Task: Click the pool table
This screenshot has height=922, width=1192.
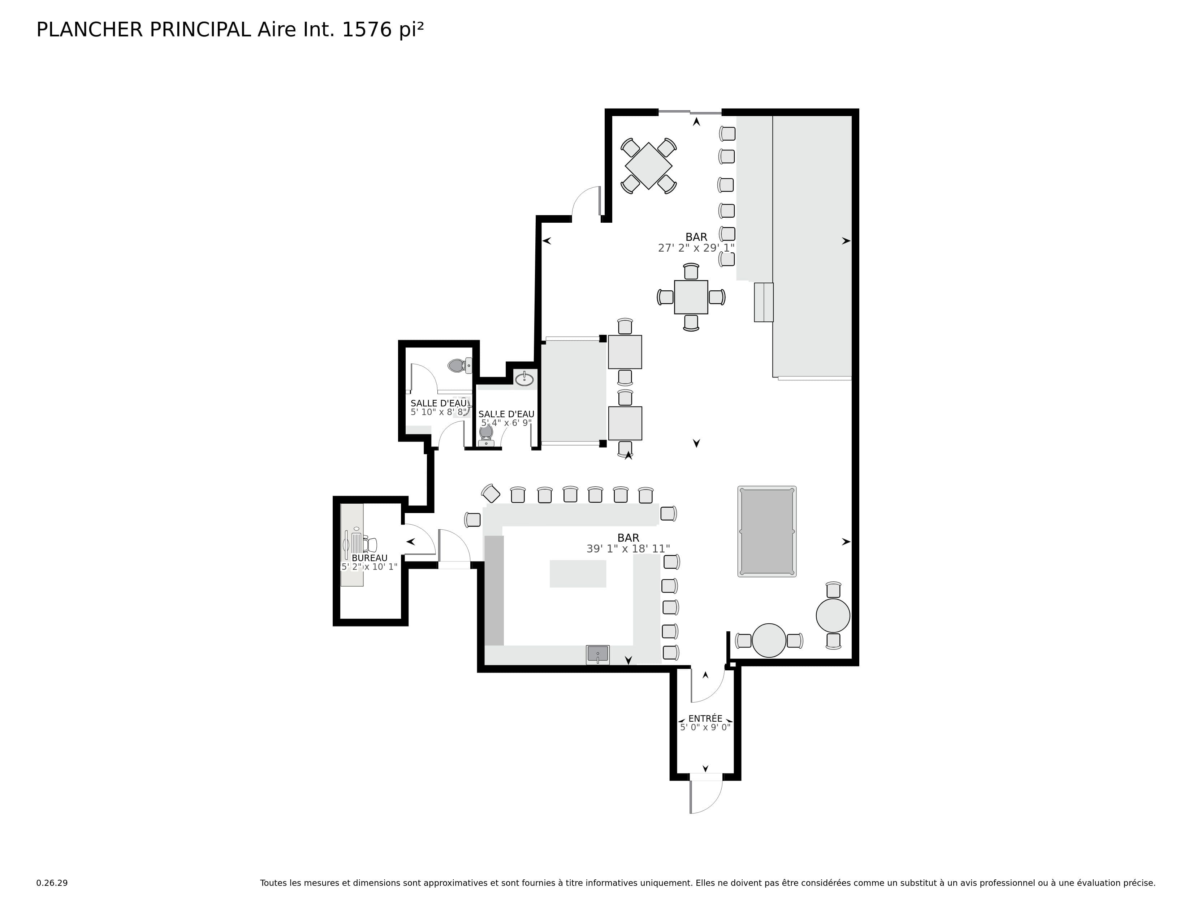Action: point(767,532)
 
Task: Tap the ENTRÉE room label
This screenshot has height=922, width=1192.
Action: point(705,719)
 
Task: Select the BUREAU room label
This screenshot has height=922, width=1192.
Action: point(370,558)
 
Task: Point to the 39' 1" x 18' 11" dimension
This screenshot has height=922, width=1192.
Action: point(628,549)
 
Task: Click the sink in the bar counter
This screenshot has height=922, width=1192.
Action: point(598,654)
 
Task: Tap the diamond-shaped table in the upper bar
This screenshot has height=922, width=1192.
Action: point(648,166)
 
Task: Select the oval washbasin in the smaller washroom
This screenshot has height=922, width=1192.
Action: point(524,379)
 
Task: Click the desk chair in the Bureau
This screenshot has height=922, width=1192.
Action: point(371,545)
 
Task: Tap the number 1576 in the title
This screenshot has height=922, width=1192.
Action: point(367,30)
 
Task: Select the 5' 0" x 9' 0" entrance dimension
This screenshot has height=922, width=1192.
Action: point(705,727)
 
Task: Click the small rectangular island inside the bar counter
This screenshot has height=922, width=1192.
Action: point(578,573)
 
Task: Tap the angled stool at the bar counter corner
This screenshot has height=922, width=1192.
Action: point(491,493)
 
